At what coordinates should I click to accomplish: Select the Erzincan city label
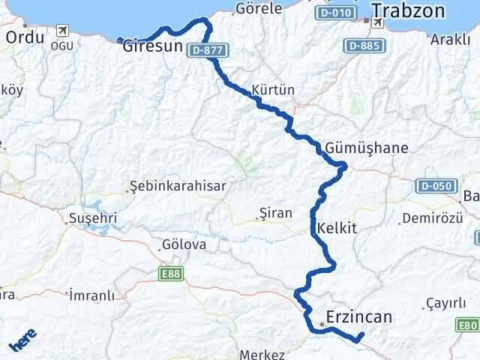click(359, 317)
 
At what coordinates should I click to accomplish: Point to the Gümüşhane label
click(367, 148)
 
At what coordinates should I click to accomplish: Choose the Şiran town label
click(274, 213)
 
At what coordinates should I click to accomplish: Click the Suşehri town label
click(92, 217)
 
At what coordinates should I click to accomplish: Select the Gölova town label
click(183, 244)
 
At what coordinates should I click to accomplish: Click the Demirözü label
click(430, 218)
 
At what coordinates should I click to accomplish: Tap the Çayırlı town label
click(447, 301)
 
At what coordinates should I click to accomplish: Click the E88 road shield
click(170, 275)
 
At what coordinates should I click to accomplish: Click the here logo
click(22, 343)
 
